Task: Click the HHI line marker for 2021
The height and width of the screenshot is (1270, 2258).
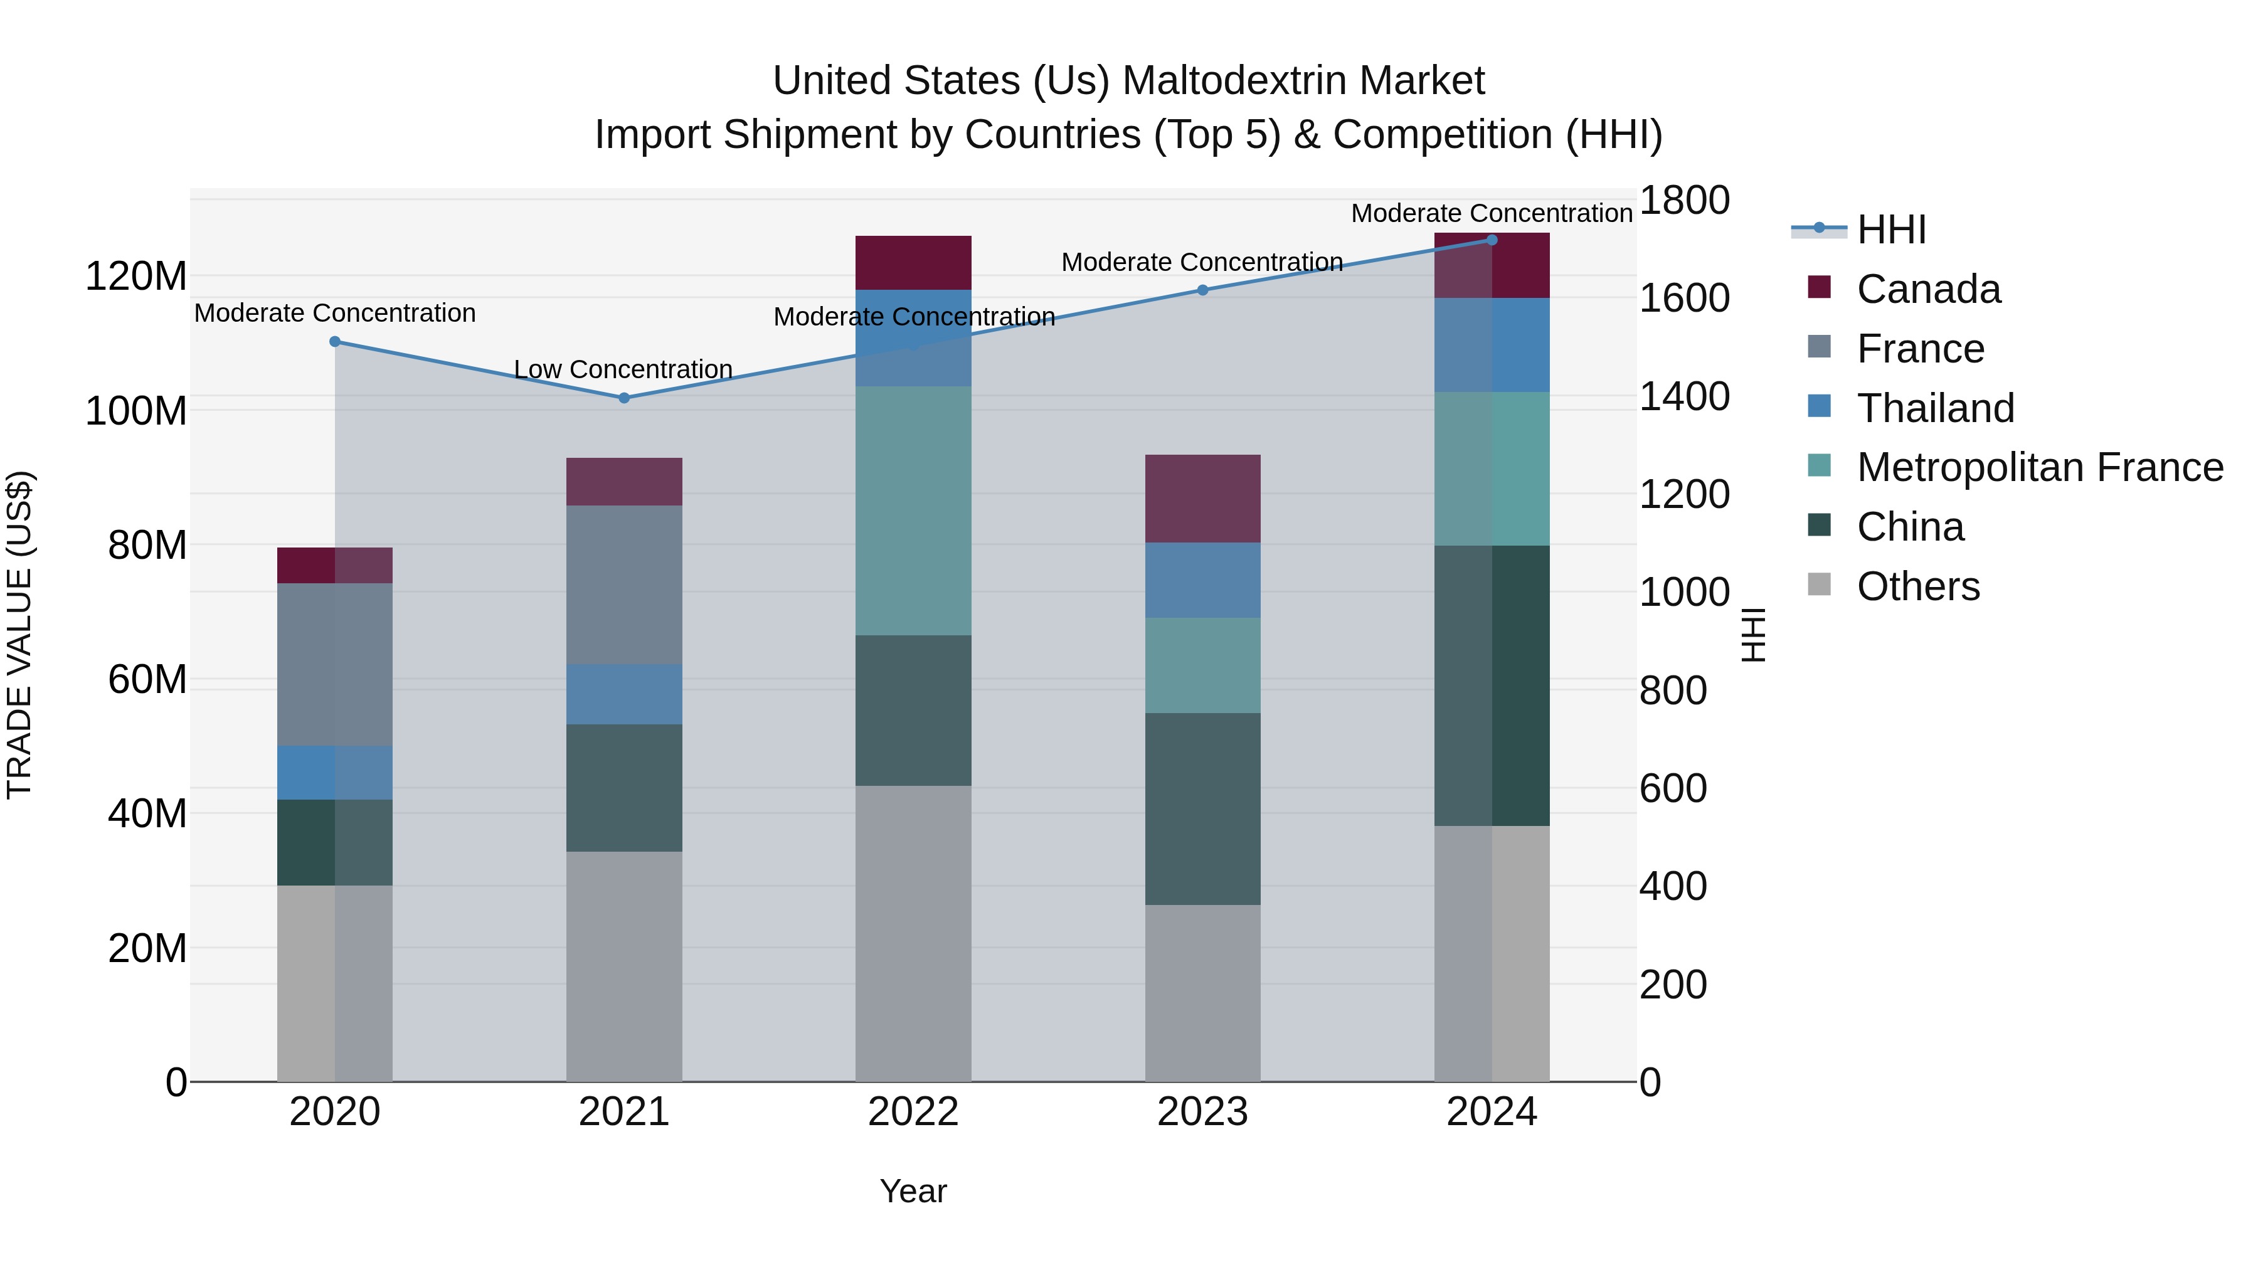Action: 624,398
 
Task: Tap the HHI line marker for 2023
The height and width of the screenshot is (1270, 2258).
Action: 1202,290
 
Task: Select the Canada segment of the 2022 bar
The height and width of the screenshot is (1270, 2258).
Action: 913,262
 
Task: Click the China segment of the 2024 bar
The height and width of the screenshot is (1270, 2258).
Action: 1492,685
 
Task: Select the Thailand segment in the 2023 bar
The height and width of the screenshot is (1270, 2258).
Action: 1202,580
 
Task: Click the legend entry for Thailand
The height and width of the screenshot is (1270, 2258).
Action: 1936,408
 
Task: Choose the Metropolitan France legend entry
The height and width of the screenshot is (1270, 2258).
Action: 2040,467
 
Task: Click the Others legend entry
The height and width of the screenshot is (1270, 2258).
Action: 1918,586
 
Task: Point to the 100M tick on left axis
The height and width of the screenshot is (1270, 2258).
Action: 136,411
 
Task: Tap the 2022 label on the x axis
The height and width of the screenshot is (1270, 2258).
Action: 913,1112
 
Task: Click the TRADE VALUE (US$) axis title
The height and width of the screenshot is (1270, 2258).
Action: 19,635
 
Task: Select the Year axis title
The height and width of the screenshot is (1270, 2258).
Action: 913,1191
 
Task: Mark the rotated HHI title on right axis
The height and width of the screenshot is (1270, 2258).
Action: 1753,635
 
